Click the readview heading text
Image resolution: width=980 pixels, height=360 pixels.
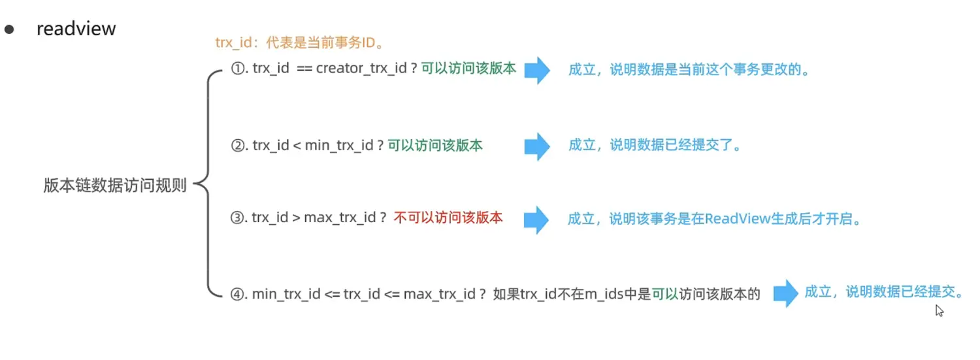[x=76, y=29]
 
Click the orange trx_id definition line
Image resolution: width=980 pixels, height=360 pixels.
[x=299, y=42]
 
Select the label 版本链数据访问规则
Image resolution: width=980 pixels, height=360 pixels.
[x=115, y=186]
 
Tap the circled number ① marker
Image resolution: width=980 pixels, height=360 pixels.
[x=237, y=69]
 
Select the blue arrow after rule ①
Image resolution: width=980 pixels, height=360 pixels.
[x=538, y=70]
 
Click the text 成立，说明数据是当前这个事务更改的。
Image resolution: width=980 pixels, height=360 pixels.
[x=689, y=70]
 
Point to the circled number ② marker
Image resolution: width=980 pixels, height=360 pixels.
[x=237, y=146]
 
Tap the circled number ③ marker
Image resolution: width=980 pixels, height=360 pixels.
[x=237, y=218]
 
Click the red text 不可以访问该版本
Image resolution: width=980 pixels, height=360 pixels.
[x=448, y=218]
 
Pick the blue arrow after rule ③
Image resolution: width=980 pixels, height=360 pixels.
[x=538, y=220]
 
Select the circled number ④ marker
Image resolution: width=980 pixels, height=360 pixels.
[x=237, y=294]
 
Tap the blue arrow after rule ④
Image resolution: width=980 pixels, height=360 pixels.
[x=786, y=293]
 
